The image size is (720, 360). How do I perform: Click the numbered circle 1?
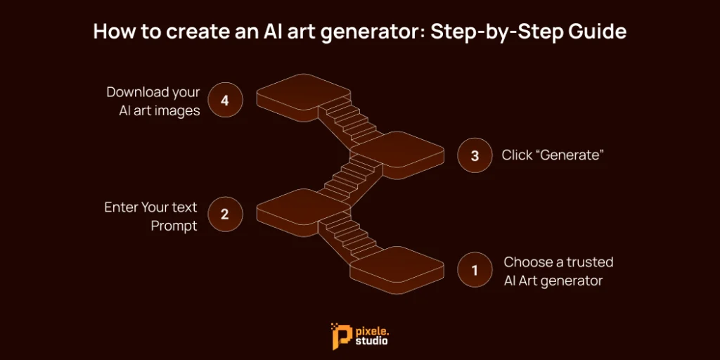[x=475, y=270]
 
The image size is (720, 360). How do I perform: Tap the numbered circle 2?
[x=225, y=214]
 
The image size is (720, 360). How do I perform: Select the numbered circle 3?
[x=475, y=155]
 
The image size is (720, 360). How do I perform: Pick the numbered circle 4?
[x=225, y=100]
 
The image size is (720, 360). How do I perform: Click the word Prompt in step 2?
[x=174, y=226]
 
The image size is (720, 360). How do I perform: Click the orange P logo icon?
[x=338, y=336]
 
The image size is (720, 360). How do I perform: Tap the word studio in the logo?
[x=371, y=342]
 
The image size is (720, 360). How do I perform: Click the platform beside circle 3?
[x=397, y=155]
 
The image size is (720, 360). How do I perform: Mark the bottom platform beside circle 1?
[x=397, y=270]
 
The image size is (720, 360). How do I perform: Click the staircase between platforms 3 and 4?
[x=350, y=122]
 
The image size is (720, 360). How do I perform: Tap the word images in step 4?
[x=179, y=112]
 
